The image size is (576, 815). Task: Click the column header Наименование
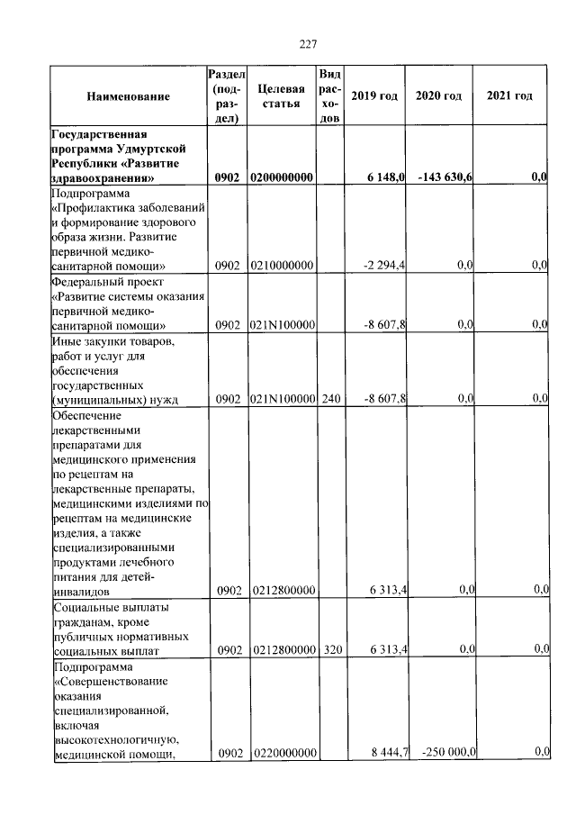pos(129,95)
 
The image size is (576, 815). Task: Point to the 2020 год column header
pos(438,95)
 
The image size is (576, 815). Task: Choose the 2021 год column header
pos(509,95)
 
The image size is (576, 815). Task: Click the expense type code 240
pos(329,398)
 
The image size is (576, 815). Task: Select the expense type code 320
pos(329,648)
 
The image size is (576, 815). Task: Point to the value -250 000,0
pos(445,751)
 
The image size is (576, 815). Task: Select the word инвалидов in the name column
pos(81,592)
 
